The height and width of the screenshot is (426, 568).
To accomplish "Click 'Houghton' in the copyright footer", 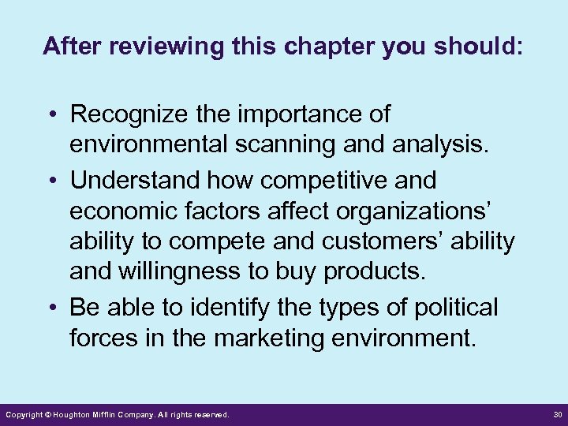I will tap(73, 414).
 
